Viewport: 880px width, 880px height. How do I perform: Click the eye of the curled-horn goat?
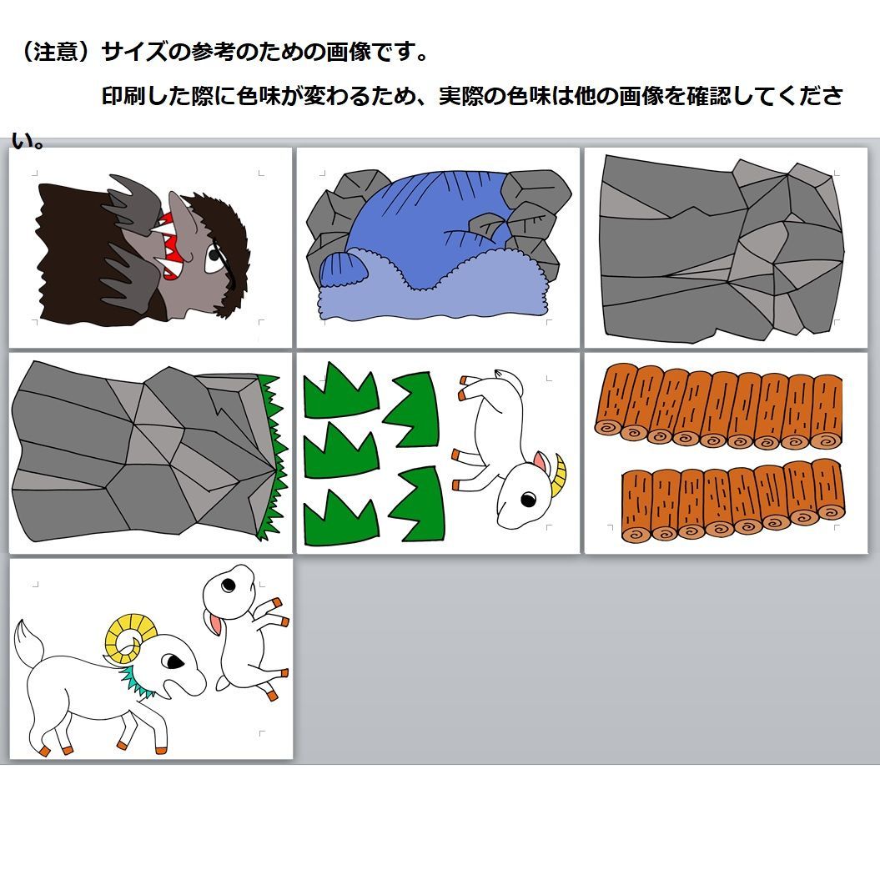[x=173, y=661]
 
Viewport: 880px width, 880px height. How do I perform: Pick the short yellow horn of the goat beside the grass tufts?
[x=558, y=476]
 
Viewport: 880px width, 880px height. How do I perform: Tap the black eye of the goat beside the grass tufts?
[x=529, y=498]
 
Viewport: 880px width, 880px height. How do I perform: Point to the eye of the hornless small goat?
[x=228, y=586]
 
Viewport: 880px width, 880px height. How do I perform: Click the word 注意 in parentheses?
[x=55, y=53]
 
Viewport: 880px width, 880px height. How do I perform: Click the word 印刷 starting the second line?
[x=123, y=96]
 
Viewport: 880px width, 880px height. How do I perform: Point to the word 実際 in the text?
[x=461, y=96]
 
